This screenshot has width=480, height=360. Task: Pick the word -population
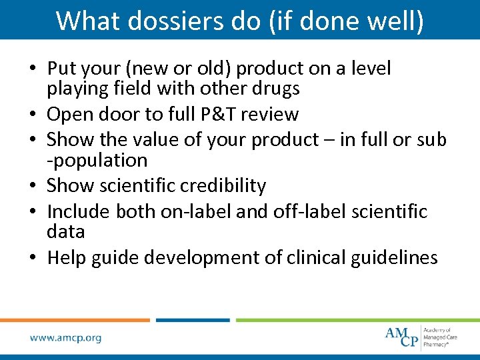(x=97, y=161)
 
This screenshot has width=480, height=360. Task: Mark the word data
(x=66, y=231)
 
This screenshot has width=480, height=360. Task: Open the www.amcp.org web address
(x=66, y=338)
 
